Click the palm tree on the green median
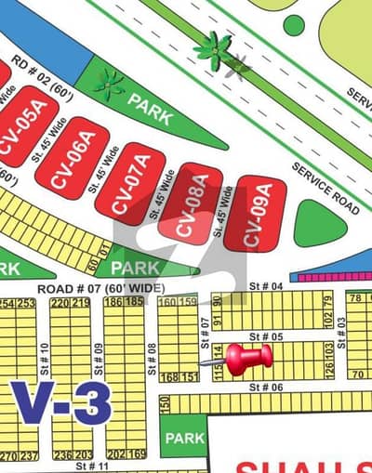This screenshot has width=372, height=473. coord(214,50)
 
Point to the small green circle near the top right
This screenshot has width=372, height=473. coord(293,24)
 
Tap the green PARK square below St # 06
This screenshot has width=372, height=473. coord(183,437)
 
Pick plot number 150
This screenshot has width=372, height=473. coord(165,403)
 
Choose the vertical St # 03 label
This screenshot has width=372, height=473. coord(341,325)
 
